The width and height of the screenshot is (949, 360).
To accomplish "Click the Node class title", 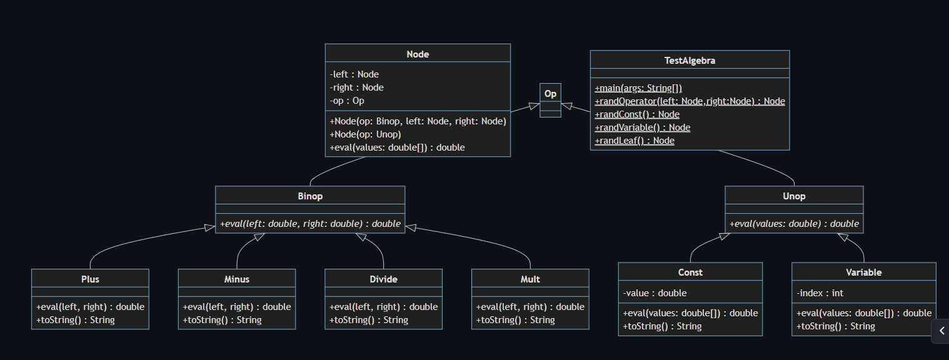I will click(x=418, y=54).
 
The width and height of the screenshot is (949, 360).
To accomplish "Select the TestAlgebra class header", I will click(x=690, y=61).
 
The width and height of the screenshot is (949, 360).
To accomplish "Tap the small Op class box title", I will click(x=550, y=94).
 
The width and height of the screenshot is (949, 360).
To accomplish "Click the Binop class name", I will click(x=310, y=196).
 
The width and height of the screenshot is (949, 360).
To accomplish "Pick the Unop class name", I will click(x=794, y=196).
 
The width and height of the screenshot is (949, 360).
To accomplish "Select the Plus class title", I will click(x=90, y=279).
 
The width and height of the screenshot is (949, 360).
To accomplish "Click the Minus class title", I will click(x=237, y=279).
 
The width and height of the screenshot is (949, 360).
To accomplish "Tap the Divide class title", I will click(x=383, y=279).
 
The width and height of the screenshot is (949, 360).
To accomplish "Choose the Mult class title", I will click(x=530, y=279).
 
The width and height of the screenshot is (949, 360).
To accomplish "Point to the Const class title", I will click(x=690, y=272).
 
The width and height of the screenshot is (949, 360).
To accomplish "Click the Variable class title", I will click(x=863, y=272).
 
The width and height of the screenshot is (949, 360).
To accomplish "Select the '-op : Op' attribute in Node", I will click(x=347, y=101).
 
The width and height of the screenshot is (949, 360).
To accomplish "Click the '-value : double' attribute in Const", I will click(x=655, y=293).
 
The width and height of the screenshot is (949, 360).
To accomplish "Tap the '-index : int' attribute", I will click(x=820, y=293).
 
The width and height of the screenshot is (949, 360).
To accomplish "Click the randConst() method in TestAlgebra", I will click(x=637, y=114).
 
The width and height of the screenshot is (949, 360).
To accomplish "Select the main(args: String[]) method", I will click(x=638, y=88).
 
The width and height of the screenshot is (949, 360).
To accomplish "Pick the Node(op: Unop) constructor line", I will click(x=365, y=134).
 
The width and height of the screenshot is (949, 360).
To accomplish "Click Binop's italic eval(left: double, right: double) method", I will click(x=310, y=224).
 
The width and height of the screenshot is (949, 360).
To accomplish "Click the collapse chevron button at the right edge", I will click(x=941, y=331).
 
